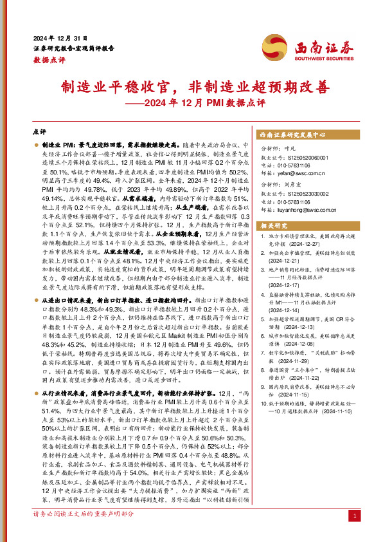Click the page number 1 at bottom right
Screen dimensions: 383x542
coord(355,534)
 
